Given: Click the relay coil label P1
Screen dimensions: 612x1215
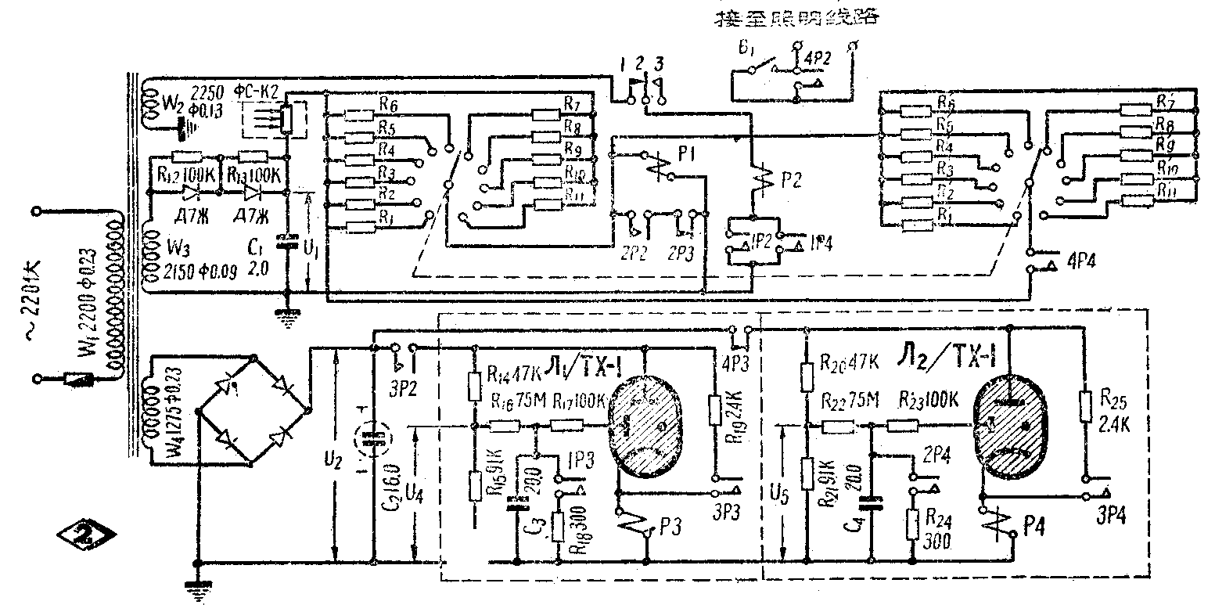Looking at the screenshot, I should [689, 158].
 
